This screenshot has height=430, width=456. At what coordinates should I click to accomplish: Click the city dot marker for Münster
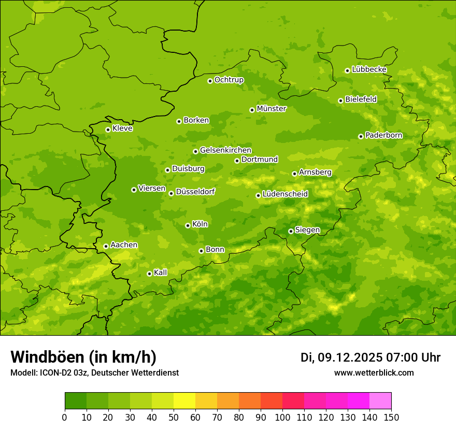tap(252, 110)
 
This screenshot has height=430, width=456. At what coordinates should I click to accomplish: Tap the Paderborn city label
tap(383, 135)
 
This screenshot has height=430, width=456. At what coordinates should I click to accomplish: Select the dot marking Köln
tap(188, 225)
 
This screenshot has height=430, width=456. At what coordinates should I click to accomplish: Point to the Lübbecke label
tap(369, 69)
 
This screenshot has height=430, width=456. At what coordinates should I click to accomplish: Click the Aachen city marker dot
tap(106, 246)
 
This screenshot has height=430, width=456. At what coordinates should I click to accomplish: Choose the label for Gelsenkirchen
tap(225, 150)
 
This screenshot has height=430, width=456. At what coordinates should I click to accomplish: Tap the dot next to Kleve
tap(108, 130)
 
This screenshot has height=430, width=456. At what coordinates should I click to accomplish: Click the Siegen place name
tap(307, 230)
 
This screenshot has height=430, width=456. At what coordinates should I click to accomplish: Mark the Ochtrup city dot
tap(210, 81)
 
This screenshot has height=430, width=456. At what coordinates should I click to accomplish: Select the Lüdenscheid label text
tap(285, 194)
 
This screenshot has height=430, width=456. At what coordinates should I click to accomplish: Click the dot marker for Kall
tap(149, 274)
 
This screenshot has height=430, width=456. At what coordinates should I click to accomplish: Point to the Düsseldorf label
tap(195, 192)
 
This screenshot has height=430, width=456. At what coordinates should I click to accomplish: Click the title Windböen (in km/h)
tap(83, 357)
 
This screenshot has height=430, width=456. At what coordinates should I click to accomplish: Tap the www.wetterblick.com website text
tap(374, 372)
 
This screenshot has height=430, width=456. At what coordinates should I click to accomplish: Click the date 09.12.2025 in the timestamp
tap(350, 357)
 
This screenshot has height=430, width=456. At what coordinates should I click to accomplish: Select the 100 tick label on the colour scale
tap(282, 418)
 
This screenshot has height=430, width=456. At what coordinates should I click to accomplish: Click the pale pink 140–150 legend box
tap(380, 401)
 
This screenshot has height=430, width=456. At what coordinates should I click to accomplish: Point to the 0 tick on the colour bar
tap(65, 418)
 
